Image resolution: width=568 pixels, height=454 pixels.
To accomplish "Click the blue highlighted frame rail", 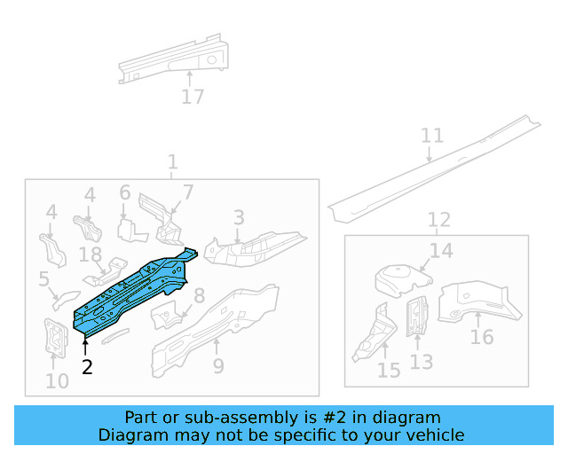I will coord(133,289).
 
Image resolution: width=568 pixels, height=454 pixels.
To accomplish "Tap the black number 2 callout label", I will coord(87,366).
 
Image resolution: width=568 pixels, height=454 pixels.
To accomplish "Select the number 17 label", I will coord(193,98).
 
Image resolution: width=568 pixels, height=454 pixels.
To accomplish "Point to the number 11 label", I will coord(432,136).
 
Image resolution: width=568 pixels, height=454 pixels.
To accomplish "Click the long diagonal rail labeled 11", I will coord(435,168).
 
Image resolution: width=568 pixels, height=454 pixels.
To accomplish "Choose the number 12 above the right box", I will coord(439,220).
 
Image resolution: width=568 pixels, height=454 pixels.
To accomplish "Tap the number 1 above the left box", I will coord(172,163).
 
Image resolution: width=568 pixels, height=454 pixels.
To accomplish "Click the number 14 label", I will coord(441,252).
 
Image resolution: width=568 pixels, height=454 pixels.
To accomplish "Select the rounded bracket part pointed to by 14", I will coord(399,279).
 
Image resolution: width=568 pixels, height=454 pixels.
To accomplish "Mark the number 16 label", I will coord(482,337).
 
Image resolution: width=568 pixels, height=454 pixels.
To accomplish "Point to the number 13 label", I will coord(422,362).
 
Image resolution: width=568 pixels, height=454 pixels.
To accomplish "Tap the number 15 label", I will coord(389,370).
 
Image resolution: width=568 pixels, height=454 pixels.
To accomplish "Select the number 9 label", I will coord(218,366).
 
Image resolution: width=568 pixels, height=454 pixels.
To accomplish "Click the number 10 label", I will coord(57,382).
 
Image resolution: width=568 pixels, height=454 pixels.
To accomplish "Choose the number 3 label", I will coord(239,217).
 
